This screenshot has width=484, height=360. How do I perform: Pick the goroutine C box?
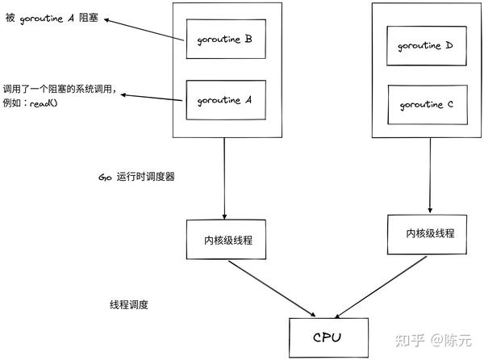click(x=425, y=105)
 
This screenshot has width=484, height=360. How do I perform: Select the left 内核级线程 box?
click(x=227, y=239)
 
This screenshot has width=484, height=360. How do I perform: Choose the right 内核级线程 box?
click(x=429, y=233)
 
